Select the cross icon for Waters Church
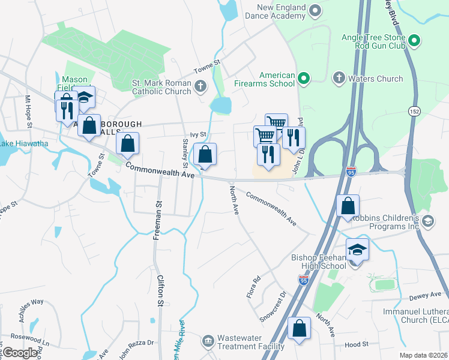pyautogui.click(x=339, y=79)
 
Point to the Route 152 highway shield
pyautogui.click(x=414, y=112)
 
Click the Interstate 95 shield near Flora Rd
pyautogui.click(x=304, y=280)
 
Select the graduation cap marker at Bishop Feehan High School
pyautogui.click(x=357, y=250)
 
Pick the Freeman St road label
pyautogui.click(x=158, y=221)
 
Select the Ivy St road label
pyautogui.click(x=198, y=135)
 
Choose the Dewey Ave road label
pyautogui.click(x=427, y=295)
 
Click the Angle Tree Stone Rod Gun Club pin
pyautogui.click(x=414, y=41)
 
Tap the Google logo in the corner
pyautogui.click(x=20, y=353)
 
